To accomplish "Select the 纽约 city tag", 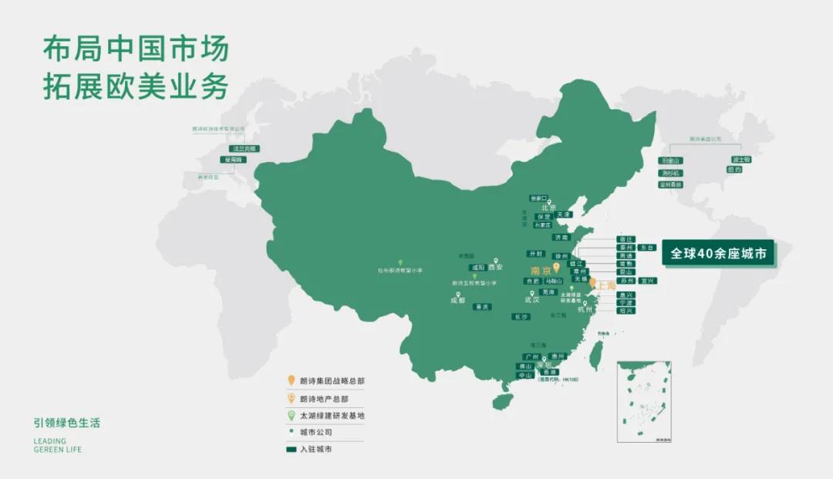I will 734,170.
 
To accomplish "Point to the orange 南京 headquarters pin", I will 556,268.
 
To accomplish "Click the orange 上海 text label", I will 607,285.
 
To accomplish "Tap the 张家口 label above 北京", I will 538,198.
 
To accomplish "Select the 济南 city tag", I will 561,238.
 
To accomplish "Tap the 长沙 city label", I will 521,316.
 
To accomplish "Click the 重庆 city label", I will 482,306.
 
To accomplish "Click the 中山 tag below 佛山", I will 526,375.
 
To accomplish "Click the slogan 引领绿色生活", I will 67,423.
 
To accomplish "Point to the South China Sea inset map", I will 644,401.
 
